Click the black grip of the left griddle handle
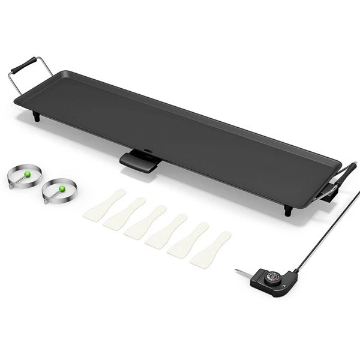[27, 64]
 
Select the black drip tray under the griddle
[140, 161]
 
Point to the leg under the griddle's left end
[37, 117]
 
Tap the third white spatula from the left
[145, 223]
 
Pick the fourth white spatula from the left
[166, 232]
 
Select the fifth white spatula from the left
[188, 241]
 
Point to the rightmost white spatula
[211, 250]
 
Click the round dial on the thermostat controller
[273, 277]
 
